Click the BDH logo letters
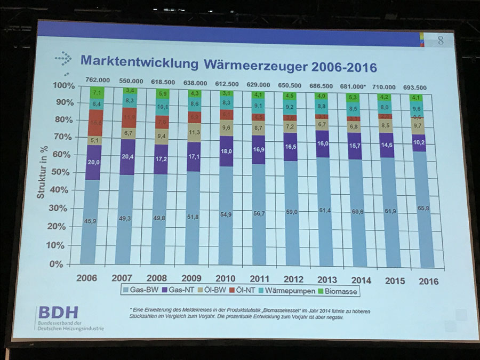pos(57,313)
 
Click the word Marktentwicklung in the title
pos(138,60)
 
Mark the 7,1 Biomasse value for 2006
pos(96,93)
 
